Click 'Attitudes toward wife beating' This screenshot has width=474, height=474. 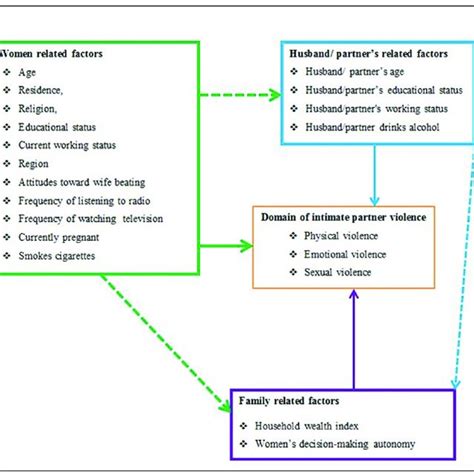(x=83, y=182)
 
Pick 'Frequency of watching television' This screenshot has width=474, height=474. (x=91, y=218)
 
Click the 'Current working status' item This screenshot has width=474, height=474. (x=67, y=145)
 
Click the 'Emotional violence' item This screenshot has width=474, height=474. (x=345, y=254)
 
